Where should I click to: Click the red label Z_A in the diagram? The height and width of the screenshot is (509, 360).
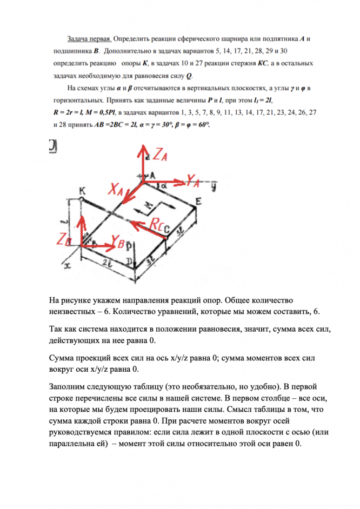coord(161,155)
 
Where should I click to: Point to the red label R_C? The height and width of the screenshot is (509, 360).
coord(159,223)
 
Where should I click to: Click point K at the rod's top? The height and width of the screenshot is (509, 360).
coord(82,191)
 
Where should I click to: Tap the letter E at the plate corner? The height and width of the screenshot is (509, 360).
coord(198,201)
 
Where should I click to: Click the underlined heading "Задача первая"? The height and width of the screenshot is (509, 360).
coord(89,40)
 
